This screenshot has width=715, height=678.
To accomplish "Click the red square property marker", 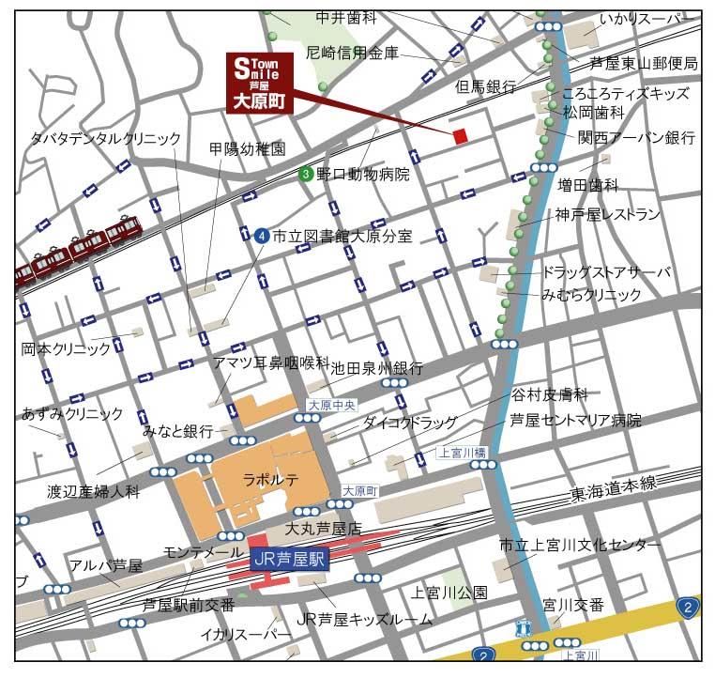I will pyautogui.click(x=460, y=137).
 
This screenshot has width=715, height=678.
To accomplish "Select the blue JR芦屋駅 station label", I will pyautogui.click(x=288, y=557).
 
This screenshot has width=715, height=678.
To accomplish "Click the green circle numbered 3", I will pyautogui.click(x=306, y=174).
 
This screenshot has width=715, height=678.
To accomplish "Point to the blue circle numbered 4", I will pyautogui.click(x=261, y=237).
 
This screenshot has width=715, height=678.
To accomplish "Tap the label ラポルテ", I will pyautogui.click(x=270, y=479).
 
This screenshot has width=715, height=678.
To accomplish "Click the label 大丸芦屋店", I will pyautogui.click(x=324, y=530).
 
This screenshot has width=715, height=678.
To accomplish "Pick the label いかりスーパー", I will pyautogui.click(x=648, y=18).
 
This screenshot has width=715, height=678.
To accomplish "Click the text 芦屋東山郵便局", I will pyautogui.click(x=644, y=64).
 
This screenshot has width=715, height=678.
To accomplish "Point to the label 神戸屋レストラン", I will pyautogui.click(x=607, y=214).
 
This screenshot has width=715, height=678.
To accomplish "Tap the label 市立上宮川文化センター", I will pyautogui.click(x=579, y=545).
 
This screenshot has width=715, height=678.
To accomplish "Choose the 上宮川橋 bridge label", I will pyautogui.click(x=463, y=453).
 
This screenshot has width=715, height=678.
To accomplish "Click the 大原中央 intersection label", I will pyautogui.click(x=332, y=406).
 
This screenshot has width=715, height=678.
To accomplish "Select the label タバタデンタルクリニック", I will pyautogui.click(x=105, y=138).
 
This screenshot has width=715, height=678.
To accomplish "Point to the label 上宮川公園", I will pyautogui.click(x=449, y=593).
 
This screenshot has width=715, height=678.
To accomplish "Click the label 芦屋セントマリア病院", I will pyautogui.click(x=575, y=420).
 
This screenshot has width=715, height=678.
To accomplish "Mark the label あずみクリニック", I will pyautogui.click(x=72, y=413).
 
